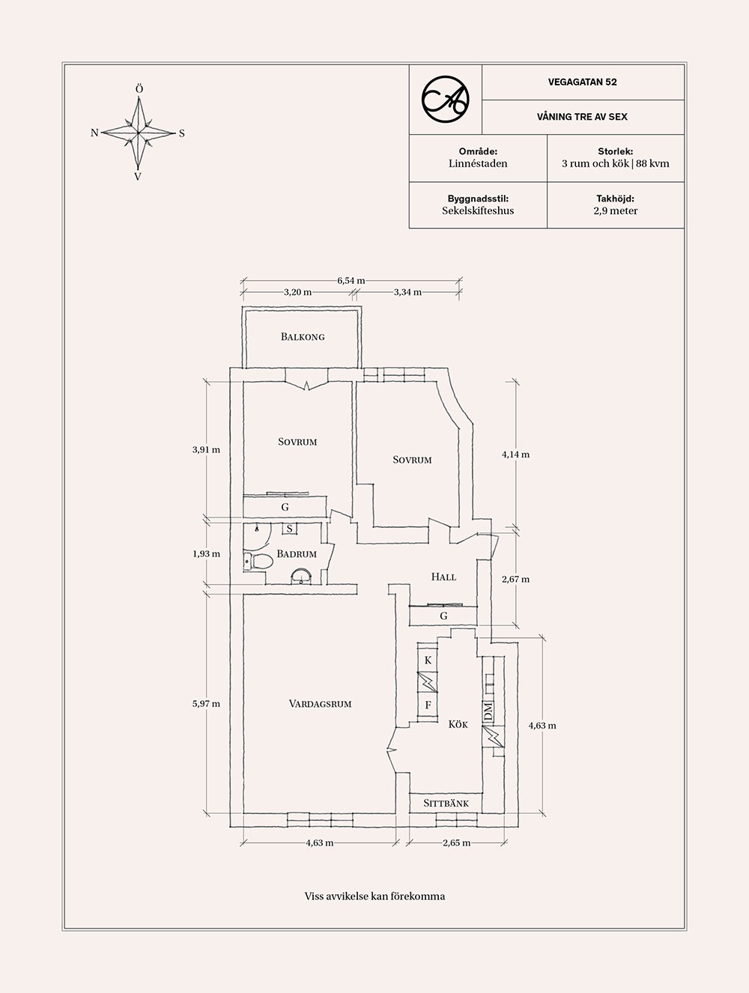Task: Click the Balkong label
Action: [303, 336]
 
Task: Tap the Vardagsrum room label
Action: [320, 703]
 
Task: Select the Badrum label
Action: [297, 553]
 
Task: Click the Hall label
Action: [443, 577]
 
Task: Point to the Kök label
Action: [458, 724]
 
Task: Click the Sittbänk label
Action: [446, 804]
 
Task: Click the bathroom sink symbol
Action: [301, 577]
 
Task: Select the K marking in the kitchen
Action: [428, 661]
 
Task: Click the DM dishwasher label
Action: [488, 712]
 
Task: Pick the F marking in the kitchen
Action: [428, 705]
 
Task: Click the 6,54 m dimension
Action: [351, 281]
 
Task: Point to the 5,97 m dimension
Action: [206, 703]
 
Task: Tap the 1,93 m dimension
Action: [206, 553]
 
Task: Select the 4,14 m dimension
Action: [515, 455]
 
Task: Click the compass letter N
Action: [94, 133]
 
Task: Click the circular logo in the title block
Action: [445, 99]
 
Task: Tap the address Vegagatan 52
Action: [583, 82]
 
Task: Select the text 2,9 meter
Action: [616, 210]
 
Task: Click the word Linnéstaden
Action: [478, 163]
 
